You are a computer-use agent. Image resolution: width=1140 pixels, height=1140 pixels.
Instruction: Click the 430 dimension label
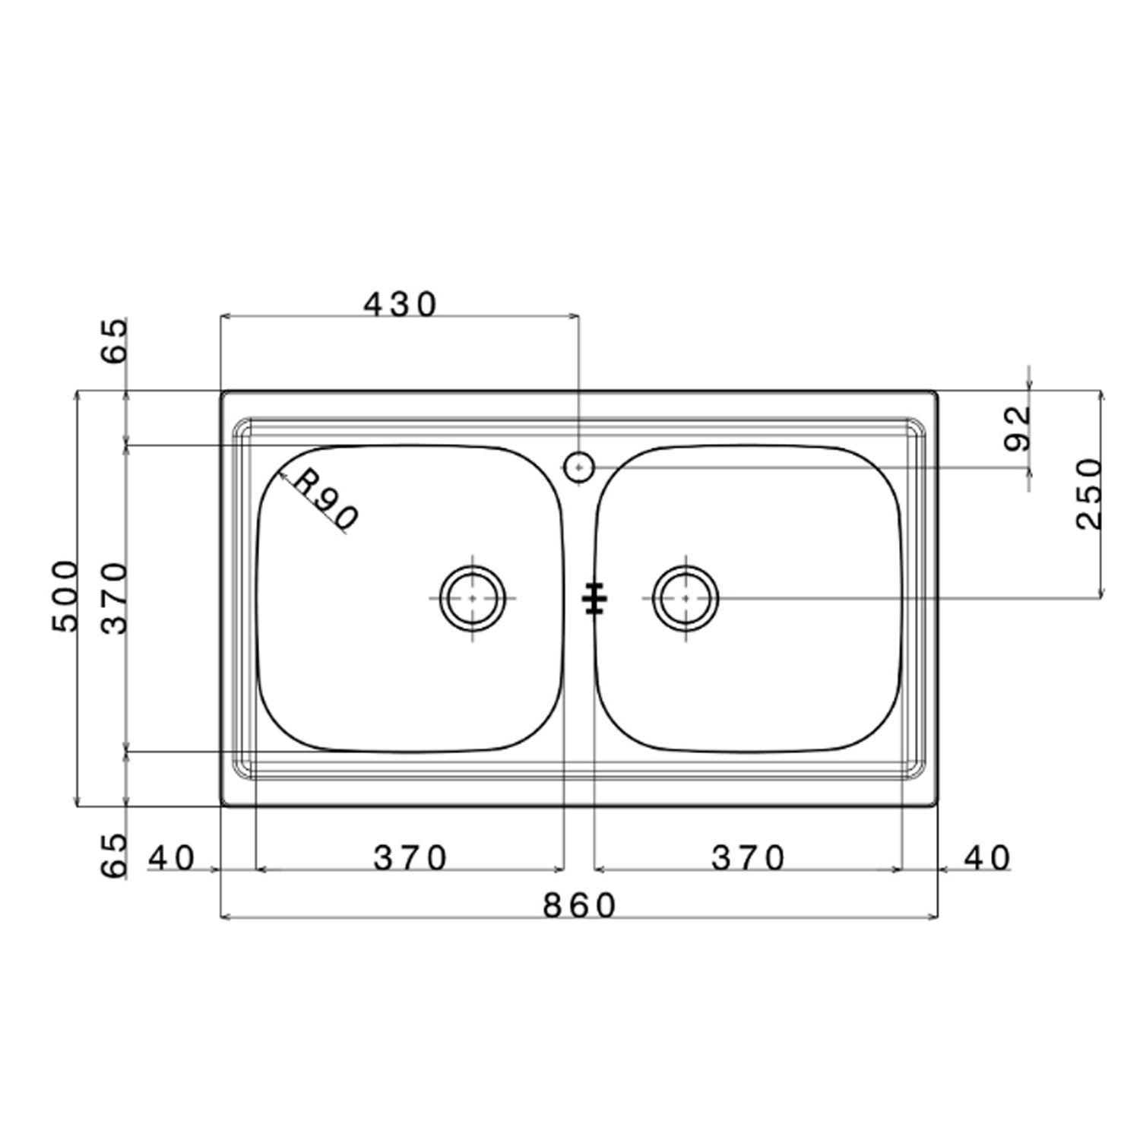[401, 305]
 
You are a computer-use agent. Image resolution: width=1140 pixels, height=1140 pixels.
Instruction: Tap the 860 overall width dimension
[579, 905]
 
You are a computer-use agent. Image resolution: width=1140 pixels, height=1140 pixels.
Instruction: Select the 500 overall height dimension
[65, 597]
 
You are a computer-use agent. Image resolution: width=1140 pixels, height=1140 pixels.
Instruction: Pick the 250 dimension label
[1088, 493]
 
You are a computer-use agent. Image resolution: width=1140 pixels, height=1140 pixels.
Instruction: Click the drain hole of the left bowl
[473, 598]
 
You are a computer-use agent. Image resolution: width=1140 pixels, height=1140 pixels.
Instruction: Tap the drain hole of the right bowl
[686, 598]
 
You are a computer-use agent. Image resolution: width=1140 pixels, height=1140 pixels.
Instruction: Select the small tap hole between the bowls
[579, 467]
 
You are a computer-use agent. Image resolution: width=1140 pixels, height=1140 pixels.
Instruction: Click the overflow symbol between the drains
[594, 598]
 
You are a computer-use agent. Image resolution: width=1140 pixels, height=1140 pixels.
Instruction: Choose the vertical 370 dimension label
[116, 598]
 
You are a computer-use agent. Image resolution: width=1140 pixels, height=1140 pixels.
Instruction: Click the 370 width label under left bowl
[410, 859]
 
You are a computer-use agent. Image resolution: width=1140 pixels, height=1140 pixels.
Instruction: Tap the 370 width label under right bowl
[748, 859]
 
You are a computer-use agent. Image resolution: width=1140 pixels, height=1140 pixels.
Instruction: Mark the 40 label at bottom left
[172, 859]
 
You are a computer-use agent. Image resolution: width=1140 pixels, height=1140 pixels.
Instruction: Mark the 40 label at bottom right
[987, 859]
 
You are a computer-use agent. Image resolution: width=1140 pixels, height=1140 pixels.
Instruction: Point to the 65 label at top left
[116, 341]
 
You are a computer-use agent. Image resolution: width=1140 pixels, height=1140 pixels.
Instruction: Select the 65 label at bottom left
[116, 856]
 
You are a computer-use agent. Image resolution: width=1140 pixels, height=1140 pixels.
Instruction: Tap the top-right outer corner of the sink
[936, 392]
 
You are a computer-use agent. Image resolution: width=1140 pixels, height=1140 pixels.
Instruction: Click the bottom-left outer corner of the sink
[221, 806]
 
